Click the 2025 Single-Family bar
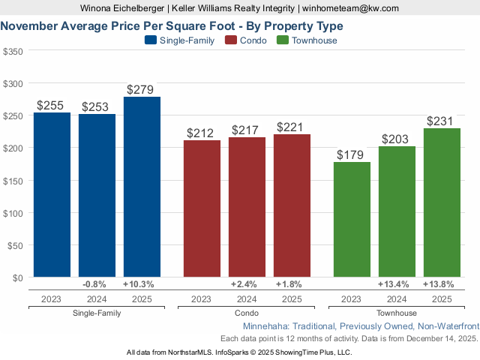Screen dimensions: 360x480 pyautogui.click(x=142, y=187)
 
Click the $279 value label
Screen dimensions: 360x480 pyautogui.click(x=140, y=90)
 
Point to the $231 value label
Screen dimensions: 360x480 pyautogui.click(x=440, y=121)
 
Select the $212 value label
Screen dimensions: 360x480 pyautogui.click(x=200, y=133)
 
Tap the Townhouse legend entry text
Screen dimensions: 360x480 pyautogui.click(x=314, y=40)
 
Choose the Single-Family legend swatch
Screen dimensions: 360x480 pyautogui.click(x=150, y=40)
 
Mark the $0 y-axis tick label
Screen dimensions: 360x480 pyautogui.click(x=16, y=277)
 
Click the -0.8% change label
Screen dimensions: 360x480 pyautogui.click(x=96, y=284)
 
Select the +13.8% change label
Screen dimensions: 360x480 pyautogui.click(x=441, y=284)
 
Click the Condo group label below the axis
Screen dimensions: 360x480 pyautogui.click(x=247, y=313)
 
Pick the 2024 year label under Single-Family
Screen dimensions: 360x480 pyautogui.click(x=96, y=298)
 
